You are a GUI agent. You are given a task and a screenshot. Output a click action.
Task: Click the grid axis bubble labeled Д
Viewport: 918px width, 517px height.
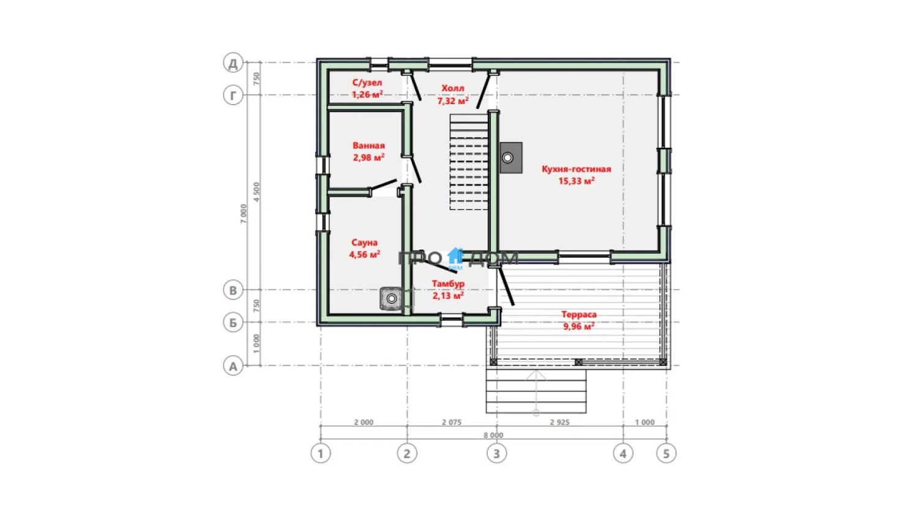click(x=233, y=62)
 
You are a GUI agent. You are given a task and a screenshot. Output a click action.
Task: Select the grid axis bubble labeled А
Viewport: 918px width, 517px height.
click(x=233, y=366)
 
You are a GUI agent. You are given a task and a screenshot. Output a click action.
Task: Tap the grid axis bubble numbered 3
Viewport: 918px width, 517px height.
click(x=496, y=453)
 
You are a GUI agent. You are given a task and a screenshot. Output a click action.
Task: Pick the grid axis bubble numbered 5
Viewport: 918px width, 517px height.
click(x=666, y=453)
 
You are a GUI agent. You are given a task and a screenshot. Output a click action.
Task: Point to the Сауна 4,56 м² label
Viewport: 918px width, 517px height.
click(x=364, y=248)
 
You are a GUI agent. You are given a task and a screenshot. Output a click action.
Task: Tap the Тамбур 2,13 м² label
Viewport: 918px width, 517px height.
click(x=448, y=290)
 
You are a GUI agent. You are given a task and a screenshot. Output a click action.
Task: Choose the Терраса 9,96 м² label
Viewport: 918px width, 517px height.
click(x=579, y=320)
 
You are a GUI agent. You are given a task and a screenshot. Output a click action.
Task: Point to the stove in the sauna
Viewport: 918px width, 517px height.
click(x=392, y=298)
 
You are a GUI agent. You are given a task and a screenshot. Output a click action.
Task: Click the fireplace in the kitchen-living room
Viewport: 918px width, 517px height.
click(x=510, y=157)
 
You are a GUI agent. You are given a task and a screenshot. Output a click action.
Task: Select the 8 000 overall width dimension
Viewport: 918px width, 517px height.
click(x=493, y=435)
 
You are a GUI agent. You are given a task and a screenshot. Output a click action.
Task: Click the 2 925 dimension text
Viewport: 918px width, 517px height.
click(x=560, y=422)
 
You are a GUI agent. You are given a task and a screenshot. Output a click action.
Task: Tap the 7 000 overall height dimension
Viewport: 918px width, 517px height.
click(x=244, y=214)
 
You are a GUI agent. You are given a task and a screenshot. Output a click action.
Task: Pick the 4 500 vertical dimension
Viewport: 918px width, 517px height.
click(x=256, y=192)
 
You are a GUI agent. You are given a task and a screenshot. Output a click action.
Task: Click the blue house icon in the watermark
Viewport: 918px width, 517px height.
click(x=455, y=257)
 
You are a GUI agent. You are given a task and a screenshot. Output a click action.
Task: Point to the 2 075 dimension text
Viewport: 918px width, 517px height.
click(x=452, y=422)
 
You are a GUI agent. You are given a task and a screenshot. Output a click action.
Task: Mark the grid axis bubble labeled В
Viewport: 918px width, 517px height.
click(x=233, y=290)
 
